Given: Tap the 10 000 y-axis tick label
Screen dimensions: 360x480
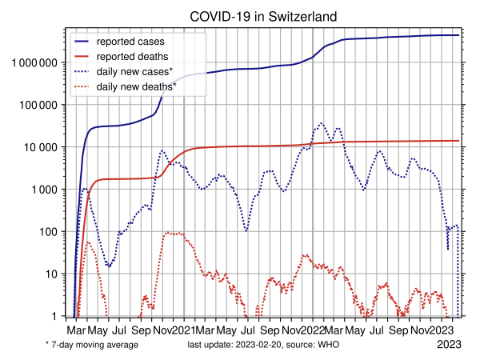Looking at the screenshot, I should click(40, 148).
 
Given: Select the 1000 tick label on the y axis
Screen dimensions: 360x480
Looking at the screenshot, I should click(44, 190).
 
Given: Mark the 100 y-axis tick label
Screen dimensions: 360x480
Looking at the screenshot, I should click(49, 232).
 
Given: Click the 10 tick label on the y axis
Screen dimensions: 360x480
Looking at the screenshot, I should click(52, 274).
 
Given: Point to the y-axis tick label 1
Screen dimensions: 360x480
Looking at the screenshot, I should click(55, 317).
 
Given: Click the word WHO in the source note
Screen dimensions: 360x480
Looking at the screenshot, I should click(329, 345).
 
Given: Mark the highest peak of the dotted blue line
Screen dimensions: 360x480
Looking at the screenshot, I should click(322, 123).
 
